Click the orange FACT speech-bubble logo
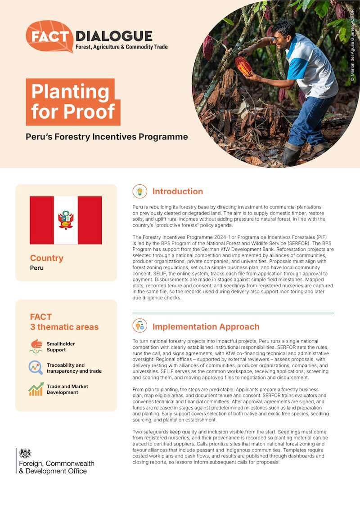click(x=49, y=36)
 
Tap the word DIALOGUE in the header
click(x=114, y=36)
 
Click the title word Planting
click(x=70, y=92)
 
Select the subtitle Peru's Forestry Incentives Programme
click(x=107, y=137)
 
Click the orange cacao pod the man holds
click(x=244, y=66)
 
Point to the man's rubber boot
click(x=292, y=154)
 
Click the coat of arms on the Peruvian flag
click(x=66, y=220)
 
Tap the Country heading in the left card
click(x=47, y=258)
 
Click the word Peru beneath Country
click(x=36, y=267)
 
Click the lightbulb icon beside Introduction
click(x=140, y=192)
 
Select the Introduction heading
click(x=178, y=192)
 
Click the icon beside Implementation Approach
click(x=140, y=326)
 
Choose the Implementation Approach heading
click(x=206, y=327)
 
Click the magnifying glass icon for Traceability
click(x=36, y=368)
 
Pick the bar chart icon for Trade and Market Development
click(x=36, y=389)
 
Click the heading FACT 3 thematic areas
click(x=64, y=322)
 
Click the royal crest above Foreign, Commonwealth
click(x=25, y=453)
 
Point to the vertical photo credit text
click(x=352, y=45)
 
